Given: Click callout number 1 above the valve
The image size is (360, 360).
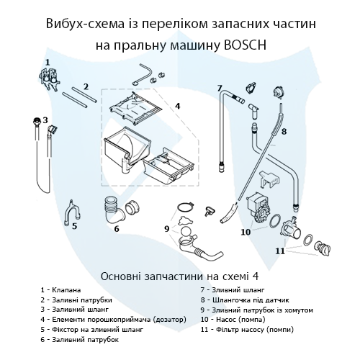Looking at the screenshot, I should pyautogui.click(x=48, y=63).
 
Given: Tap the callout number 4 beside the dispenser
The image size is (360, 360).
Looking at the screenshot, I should pyautogui.click(x=177, y=105).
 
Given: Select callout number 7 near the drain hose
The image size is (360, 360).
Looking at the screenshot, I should pyautogui.click(x=219, y=88).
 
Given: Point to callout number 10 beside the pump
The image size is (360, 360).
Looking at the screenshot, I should pyautogui.click(x=245, y=232).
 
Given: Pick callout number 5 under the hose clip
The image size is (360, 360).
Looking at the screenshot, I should pyautogui.click(x=73, y=226).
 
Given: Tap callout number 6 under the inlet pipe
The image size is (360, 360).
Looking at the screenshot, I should pyautogui.click(x=116, y=230).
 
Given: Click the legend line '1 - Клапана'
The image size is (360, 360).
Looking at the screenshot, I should pyautogui.click(x=61, y=290).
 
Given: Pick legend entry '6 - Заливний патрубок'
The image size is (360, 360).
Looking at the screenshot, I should pyautogui.click(x=80, y=338).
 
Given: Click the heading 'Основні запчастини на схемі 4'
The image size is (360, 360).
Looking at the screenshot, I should pyautogui.click(x=179, y=275).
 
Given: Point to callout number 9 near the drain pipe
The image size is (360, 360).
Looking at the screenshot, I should pyautogui.click(x=166, y=229).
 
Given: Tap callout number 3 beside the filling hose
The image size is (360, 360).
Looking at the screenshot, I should pyautogui.click(x=45, y=120).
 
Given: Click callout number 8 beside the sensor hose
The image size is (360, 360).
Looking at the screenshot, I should pyautogui.click(x=284, y=132).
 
